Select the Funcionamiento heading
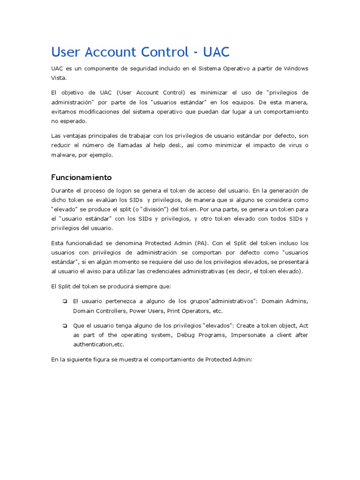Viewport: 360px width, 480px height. (x=81, y=177)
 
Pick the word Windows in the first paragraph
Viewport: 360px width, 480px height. (x=296, y=68)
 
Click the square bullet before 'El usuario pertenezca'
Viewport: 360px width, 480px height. (x=63, y=301)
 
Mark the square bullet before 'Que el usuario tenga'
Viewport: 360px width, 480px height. (x=63, y=325)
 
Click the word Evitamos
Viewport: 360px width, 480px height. (x=64, y=112)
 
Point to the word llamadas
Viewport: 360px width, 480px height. (x=128, y=145)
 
